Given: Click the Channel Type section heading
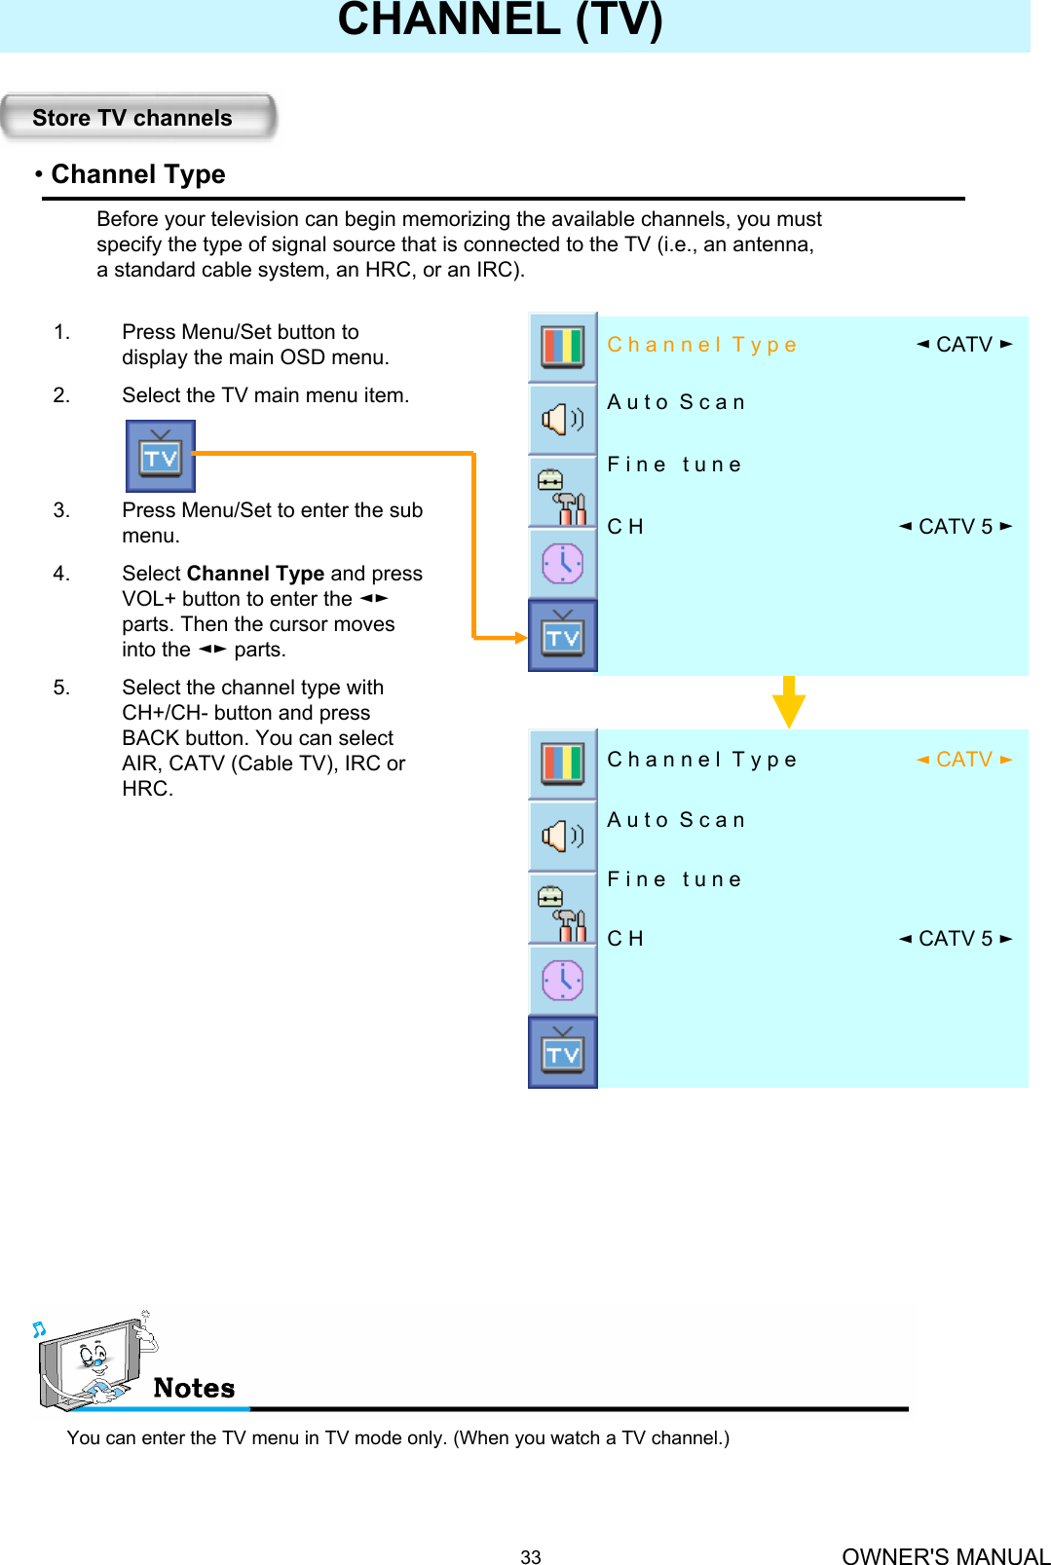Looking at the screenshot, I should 137,174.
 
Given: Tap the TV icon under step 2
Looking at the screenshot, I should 161,456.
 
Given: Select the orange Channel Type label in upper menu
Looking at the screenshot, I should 701,345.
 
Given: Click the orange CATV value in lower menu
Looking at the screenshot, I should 963,760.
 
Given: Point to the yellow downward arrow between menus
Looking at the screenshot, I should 788,702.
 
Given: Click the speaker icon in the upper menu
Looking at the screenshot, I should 562,419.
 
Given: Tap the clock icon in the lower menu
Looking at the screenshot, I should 562,980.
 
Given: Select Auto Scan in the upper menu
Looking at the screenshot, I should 676,402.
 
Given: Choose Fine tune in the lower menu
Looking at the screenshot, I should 674,879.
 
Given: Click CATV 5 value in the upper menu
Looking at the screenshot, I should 955,527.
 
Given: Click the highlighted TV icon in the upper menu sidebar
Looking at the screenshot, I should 562,636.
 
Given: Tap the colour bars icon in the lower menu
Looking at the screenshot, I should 562,763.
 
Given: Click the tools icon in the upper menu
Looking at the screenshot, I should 562,493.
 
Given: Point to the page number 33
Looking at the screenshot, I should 530,1556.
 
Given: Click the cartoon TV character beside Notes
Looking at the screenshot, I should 93,1361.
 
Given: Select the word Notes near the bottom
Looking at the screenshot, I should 194,1388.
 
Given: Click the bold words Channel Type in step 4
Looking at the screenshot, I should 255,574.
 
